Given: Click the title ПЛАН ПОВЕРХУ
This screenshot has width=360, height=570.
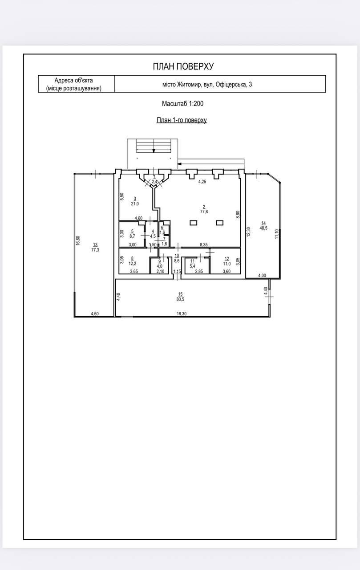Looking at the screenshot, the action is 183,66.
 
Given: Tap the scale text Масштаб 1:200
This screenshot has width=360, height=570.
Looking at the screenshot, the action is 182,104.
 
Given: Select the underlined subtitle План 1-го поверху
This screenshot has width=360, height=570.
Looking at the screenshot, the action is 182,120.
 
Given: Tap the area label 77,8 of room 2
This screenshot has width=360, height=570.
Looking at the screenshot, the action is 204,212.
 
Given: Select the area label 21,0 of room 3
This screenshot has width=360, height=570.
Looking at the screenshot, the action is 135,204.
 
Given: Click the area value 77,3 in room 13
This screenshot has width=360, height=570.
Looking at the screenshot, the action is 95,250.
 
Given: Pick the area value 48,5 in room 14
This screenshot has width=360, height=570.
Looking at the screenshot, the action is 263,228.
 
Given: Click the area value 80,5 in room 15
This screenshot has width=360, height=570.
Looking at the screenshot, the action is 180,299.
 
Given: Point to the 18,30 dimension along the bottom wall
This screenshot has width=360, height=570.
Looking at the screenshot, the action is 182,314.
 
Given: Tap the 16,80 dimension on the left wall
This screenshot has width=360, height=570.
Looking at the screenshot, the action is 78,240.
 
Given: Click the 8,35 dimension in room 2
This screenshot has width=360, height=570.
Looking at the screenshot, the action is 204,244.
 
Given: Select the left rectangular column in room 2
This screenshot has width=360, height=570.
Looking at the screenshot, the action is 193,223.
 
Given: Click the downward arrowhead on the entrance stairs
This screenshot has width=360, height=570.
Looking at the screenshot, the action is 154,151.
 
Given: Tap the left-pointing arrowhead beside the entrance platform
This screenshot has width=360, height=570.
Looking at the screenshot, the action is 179,163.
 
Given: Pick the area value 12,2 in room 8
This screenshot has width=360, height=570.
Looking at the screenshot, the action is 132,264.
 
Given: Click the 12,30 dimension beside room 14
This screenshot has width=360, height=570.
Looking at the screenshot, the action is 249,232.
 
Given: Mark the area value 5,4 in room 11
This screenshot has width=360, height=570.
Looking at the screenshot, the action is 192,266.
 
